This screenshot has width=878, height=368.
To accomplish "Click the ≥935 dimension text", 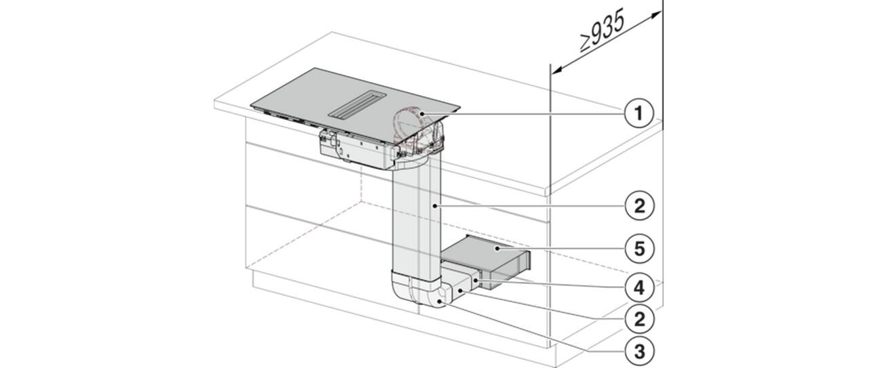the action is pos(602,33).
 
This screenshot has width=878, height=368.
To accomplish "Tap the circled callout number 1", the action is pos(639,113).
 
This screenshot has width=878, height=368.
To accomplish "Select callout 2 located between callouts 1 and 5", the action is pos(639,205).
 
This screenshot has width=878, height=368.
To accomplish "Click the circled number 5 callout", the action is pos(639,248).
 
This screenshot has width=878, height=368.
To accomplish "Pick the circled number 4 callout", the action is pos(639,288).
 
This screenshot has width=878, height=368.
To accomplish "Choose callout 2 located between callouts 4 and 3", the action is pos(639,319).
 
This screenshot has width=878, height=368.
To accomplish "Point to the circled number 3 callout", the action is pos(639,351).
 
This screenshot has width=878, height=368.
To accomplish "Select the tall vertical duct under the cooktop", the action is pos(417,219).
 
